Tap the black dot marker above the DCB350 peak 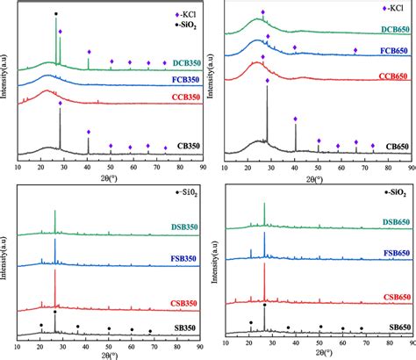point(57,14)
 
